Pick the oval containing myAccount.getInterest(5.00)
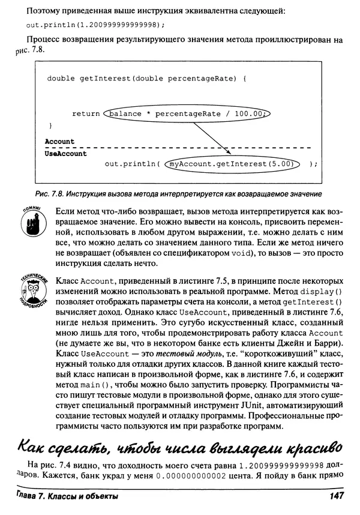(x=232, y=163)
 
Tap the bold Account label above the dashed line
(x=60, y=142)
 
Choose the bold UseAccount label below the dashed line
(x=66, y=154)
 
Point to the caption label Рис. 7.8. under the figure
(x=47, y=193)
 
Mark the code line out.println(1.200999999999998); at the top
(x=95, y=25)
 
